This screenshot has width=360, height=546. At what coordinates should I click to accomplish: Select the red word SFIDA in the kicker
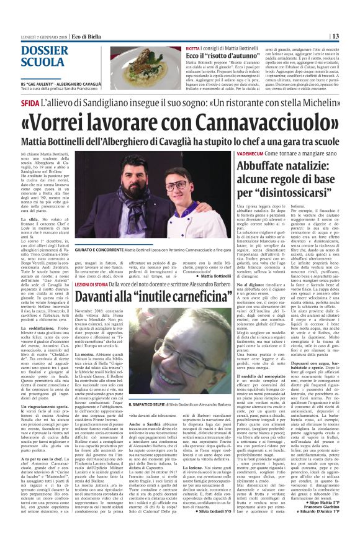(x=30, y=102)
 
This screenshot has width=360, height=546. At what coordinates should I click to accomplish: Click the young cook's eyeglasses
(x=176, y=186)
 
